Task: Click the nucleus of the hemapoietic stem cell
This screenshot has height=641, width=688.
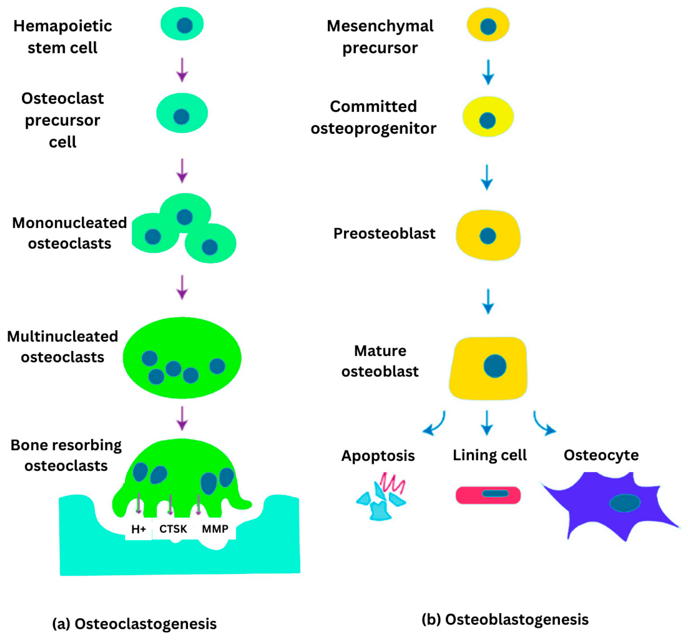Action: pyautogui.click(x=184, y=25)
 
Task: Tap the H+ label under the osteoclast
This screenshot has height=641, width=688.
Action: pyautogui.click(x=138, y=529)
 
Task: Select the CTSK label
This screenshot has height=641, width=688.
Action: pyautogui.click(x=173, y=529)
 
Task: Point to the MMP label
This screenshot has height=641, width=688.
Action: pyautogui.click(x=215, y=529)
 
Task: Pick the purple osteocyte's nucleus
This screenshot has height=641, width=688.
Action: pyautogui.click(x=624, y=503)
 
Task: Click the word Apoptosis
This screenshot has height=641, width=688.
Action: pyautogui.click(x=378, y=456)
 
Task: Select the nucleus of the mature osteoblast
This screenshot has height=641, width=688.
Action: pyautogui.click(x=495, y=366)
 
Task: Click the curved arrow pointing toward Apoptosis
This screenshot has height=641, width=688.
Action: pyautogui.click(x=435, y=423)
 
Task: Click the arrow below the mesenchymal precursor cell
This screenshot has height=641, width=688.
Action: pyautogui.click(x=488, y=72)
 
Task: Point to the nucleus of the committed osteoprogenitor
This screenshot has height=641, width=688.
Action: pyautogui.click(x=487, y=120)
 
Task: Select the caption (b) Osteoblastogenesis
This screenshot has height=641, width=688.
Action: pyautogui.click(x=505, y=619)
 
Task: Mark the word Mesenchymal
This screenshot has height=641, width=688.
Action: pyautogui.click(x=380, y=26)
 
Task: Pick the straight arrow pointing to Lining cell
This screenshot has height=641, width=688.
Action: pyautogui.click(x=487, y=423)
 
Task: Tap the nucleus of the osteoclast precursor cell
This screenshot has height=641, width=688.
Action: pyautogui.click(x=181, y=117)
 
